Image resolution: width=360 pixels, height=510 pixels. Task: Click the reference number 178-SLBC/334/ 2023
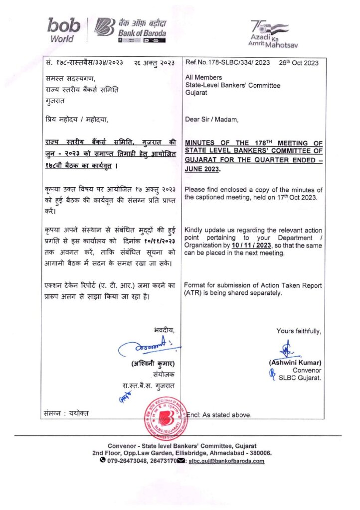pyautogui.click(x=224, y=63)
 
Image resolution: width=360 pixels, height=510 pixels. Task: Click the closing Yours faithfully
pyautogui.click(x=299, y=331)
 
